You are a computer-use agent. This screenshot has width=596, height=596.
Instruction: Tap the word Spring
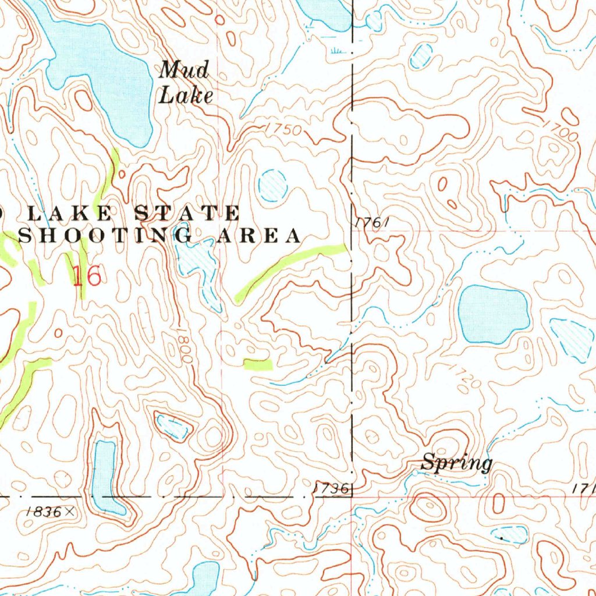(456, 463)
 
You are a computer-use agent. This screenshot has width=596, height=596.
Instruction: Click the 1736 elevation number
(330, 489)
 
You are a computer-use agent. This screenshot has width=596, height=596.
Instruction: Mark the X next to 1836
(70, 512)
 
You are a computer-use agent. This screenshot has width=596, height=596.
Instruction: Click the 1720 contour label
(466, 376)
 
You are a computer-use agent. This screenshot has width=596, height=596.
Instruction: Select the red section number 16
(87, 276)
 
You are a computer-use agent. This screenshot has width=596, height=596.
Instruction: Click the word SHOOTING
(105, 236)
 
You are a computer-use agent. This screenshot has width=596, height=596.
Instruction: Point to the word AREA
(259, 236)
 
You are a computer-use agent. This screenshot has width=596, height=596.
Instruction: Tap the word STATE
(187, 213)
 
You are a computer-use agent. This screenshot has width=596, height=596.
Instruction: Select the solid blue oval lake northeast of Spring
(493, 314)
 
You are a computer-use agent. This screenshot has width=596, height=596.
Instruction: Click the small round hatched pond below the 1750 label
(272, 185)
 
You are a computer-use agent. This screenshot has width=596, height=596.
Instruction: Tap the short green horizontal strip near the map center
(258, 364)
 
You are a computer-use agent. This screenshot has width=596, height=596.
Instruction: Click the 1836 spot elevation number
(43, 512)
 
